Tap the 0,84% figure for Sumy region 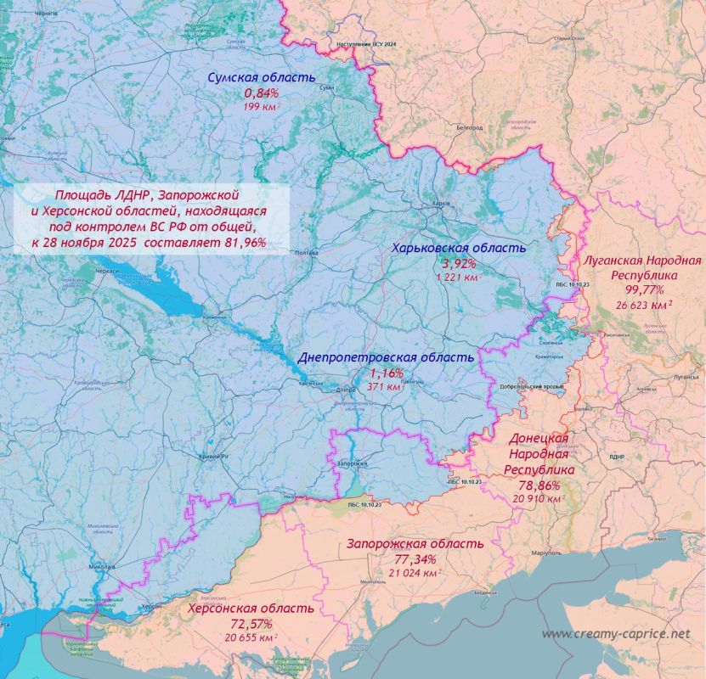262,93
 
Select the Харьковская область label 458,248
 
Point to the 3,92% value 460,263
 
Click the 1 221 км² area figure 458,277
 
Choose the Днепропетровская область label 386,357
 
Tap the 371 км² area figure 387,387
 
